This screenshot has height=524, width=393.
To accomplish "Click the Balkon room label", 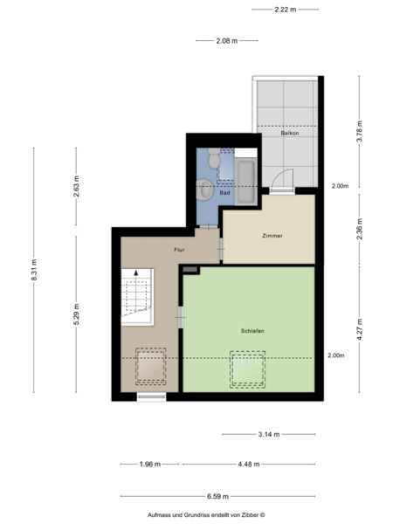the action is pyautogui.click(x=290, y=133).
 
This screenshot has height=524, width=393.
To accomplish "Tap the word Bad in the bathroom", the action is pyautogui.click(x=224, y=193).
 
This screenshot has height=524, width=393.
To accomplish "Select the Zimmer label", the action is pyautogui.click(x=272, y=236).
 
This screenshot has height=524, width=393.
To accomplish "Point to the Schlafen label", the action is pyautogui.click(x=252, y=331).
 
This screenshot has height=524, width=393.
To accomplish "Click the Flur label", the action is pyautogui.click(x=179, y=250).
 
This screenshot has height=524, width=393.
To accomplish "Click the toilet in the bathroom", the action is pyautogui.click(x=214, y=158).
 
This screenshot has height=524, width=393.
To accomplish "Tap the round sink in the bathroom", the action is pyautogui.click(x=205, y=190).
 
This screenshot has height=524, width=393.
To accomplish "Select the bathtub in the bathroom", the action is pyautogui.click(x=246, y=182).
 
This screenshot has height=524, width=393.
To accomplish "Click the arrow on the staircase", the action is pyautogui.click(x=136, y=290).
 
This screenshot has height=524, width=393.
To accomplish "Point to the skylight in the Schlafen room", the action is pyautogui.click(x=248, y=369).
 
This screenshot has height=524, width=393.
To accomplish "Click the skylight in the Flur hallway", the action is pyautogui.click(x=151, y=366).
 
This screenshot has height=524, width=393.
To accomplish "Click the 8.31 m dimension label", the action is pyautogui.click(x=34, y=270).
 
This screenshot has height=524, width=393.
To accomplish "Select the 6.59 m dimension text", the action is pyautogui.click(x=217, y=496).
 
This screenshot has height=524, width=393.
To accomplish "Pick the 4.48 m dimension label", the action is pyautogui.click(x=249, y=465).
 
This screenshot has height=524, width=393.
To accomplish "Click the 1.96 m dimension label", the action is pyautogui.click(x=150, y=465).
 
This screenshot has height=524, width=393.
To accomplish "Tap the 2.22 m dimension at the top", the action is pyautogui.click(x=286, y=10).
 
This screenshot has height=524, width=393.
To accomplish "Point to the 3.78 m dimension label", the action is pyautogui.click(x=360, y=131).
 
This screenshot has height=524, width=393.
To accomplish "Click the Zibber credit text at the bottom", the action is pyautogui.click(x=206, y=515).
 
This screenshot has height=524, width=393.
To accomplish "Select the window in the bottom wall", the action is pyautogui.click(x=151, y=396).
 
